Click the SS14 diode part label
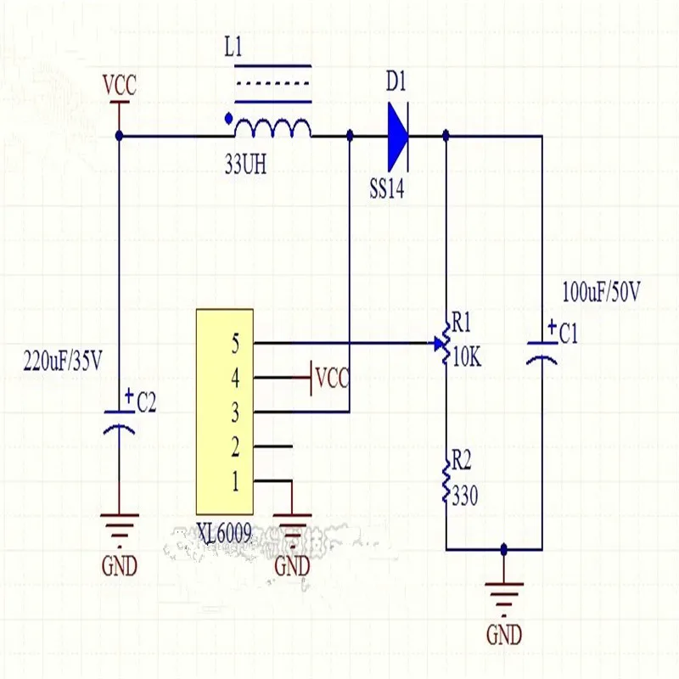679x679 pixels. (387, 188)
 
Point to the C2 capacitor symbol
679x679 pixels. (119, 420)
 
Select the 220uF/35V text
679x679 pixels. (64, 362)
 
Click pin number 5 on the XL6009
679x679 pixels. (235, 344)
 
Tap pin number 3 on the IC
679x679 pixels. (235, 413)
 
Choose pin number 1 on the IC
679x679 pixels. (235, 482)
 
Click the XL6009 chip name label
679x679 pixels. (223, 534)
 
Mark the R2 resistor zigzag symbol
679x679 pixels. (446, 483)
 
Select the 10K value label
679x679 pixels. (467, 358)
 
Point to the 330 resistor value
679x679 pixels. (465, 496)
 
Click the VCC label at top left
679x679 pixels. (119, 86)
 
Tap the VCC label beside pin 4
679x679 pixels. (331, 377)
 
